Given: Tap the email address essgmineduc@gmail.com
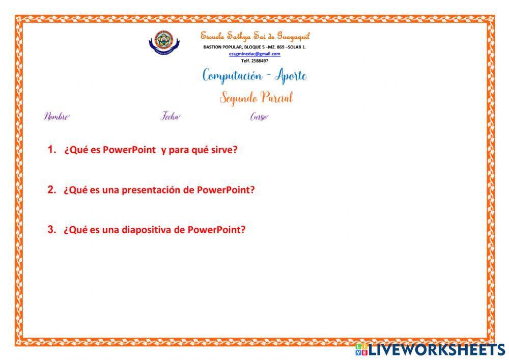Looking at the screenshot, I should [x=254, y=53].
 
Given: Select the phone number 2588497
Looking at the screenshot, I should [x=262, y=60].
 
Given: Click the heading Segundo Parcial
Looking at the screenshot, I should [x=256, y=97].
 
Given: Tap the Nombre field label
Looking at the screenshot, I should [x=56, y=117].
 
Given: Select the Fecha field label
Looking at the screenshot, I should [x=171, y=117].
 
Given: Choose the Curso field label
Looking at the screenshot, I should [x=259, y=117].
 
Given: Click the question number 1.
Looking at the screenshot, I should [x=51, y=150].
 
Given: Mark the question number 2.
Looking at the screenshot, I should [x=51, y=189].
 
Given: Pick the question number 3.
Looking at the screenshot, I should [x=51, y=229].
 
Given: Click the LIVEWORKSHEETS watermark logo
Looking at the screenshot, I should [x=430, y=349].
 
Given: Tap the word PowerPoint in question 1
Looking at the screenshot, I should [x=129, y=150].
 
